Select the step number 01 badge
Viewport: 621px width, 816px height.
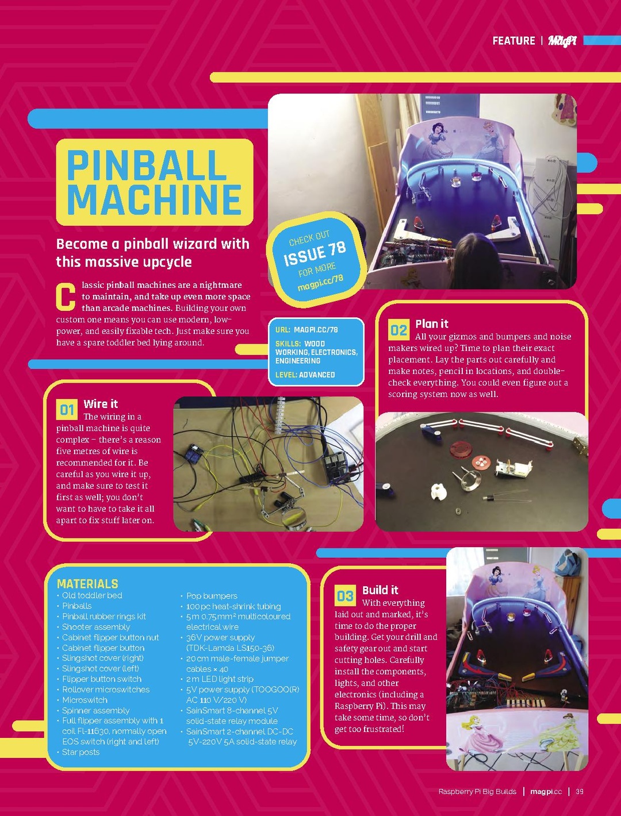(x=67, y=410)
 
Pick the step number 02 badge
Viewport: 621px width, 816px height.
(x=399, y=330)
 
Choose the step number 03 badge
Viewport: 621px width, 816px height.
(x=345, y=596)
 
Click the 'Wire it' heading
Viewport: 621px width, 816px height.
(x=101, y=404)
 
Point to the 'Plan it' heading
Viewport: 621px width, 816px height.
(x=432, y=324)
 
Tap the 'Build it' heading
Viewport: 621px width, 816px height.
(x=381, y=590)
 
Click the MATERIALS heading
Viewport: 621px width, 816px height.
(x=87, y=584)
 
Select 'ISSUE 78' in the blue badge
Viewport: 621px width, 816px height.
(x=315, y=253)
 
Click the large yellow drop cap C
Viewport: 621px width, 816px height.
(x=66, y=297)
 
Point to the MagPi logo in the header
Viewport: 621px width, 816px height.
(x=562, y=41)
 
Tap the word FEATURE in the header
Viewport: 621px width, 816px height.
(x=513, y=41)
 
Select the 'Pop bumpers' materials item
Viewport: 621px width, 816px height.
(x=212, y=596)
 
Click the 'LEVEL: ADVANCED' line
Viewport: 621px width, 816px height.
(x=305, y=375)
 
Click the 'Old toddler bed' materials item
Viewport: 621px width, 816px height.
(x=92, y=595)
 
